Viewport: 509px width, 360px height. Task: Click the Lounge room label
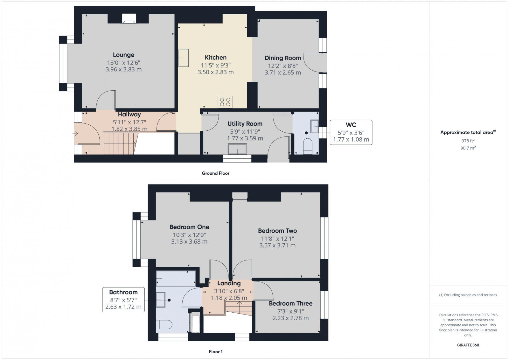tap(123, 55)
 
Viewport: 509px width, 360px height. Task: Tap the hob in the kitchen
tap(225, 102)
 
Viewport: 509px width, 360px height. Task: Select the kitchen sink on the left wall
tap(183, 58)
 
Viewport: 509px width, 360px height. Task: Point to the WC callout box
tap(351, 132)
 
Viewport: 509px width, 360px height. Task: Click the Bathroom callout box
tap(123, 299)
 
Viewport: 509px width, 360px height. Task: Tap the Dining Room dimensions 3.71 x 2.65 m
tap(282, 73)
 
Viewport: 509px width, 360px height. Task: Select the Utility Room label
tap(245, 124)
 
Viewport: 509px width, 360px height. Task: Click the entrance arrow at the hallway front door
tap(75, 134)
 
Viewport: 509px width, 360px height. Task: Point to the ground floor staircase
tap(119, 144)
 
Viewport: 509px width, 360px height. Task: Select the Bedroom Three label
tap(290, 303)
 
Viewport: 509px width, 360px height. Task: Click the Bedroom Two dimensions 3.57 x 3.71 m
tap(277, 246)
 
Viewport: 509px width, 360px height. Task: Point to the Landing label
tap(229, 283)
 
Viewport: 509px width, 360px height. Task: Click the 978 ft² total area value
tap(468, 141)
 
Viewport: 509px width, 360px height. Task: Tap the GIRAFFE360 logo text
tap(468, 345)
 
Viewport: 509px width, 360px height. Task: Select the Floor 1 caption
tap(215, 351)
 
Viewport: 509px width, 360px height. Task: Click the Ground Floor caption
tap(215, 173)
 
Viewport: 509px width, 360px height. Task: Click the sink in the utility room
tap(237, 149)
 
